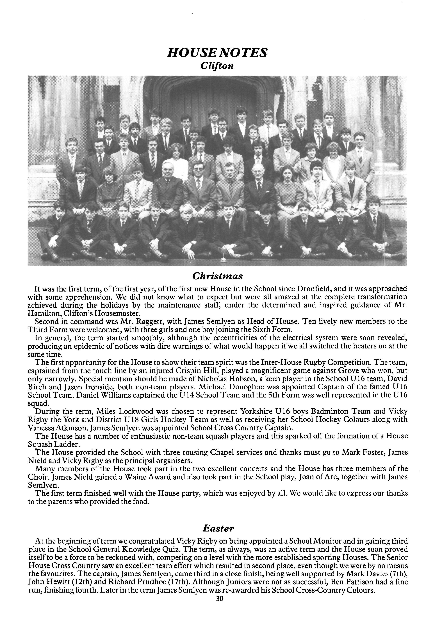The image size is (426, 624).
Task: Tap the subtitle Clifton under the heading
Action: coord(217,66)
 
